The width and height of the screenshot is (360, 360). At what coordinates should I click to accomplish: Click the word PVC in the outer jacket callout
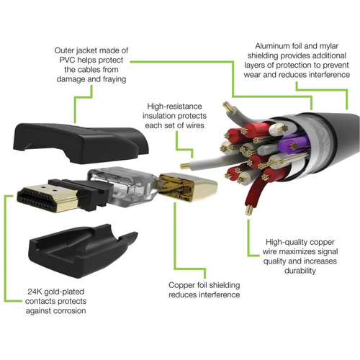[67, 60]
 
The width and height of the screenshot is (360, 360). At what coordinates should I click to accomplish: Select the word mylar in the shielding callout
[329, 46]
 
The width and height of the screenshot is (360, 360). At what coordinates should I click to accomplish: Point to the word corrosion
[69, 311]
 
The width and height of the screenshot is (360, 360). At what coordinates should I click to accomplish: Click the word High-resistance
[174, 107]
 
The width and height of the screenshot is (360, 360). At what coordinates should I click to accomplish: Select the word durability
[300, 271]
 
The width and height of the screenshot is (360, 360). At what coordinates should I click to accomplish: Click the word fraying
[114, 79]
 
